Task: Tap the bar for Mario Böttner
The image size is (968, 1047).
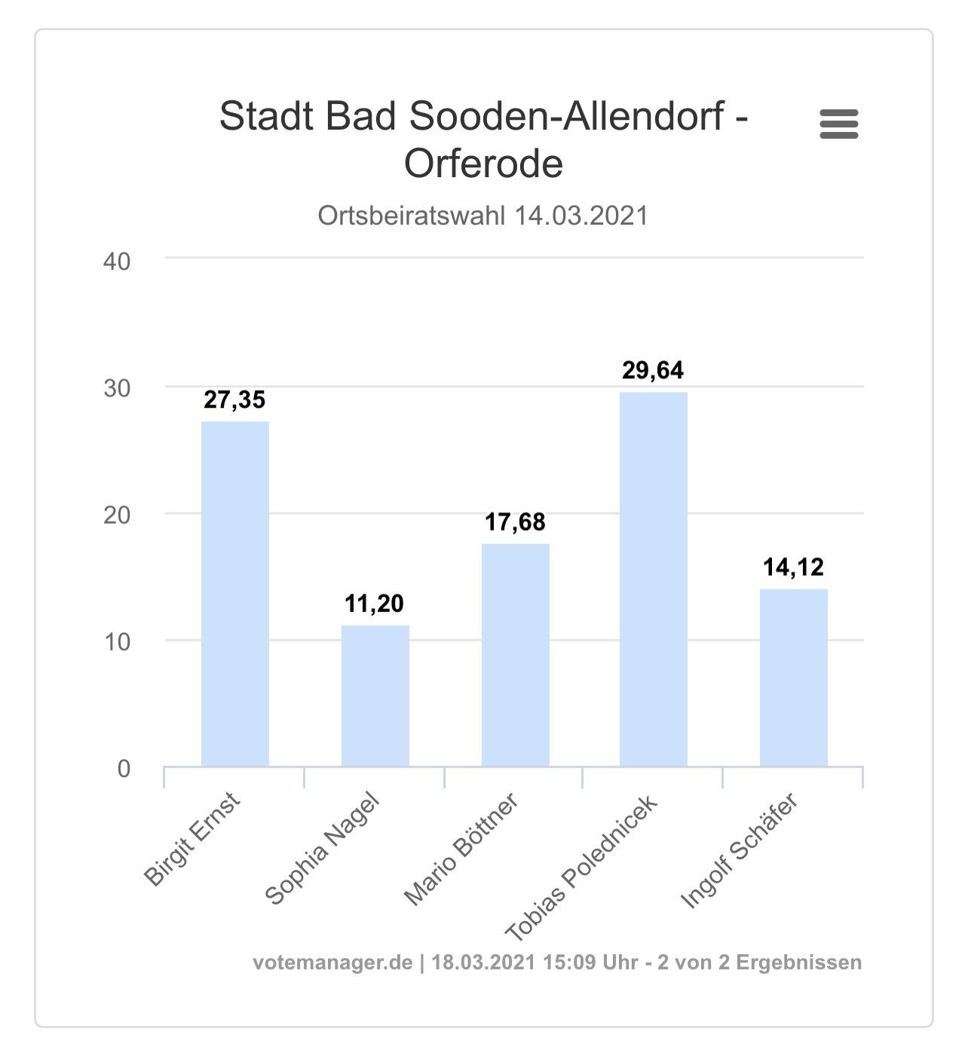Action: coord(516,655)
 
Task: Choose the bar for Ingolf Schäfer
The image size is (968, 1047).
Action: coord(794,678)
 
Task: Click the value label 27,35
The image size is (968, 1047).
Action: coord(234,400)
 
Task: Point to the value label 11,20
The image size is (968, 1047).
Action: coord(375,604)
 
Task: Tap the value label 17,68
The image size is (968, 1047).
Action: coord(515,522)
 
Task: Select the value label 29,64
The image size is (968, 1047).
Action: coord(653,371)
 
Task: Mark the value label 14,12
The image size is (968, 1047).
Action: coord(794,567)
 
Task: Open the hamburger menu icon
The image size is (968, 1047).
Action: coord(839,124)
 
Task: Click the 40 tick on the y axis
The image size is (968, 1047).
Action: coord(116,262)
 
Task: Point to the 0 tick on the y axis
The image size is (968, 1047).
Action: coord(124,769)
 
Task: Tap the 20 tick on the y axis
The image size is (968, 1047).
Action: coord(116,516)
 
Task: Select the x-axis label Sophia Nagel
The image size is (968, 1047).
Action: coord(322,850)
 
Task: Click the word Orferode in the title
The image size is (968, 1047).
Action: coord(484,164)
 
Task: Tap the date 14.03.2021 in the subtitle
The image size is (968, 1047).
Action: coord(581,216)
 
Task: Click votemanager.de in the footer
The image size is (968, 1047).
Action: coord(332,963)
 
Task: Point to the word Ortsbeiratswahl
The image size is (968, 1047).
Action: coord(412,216)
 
